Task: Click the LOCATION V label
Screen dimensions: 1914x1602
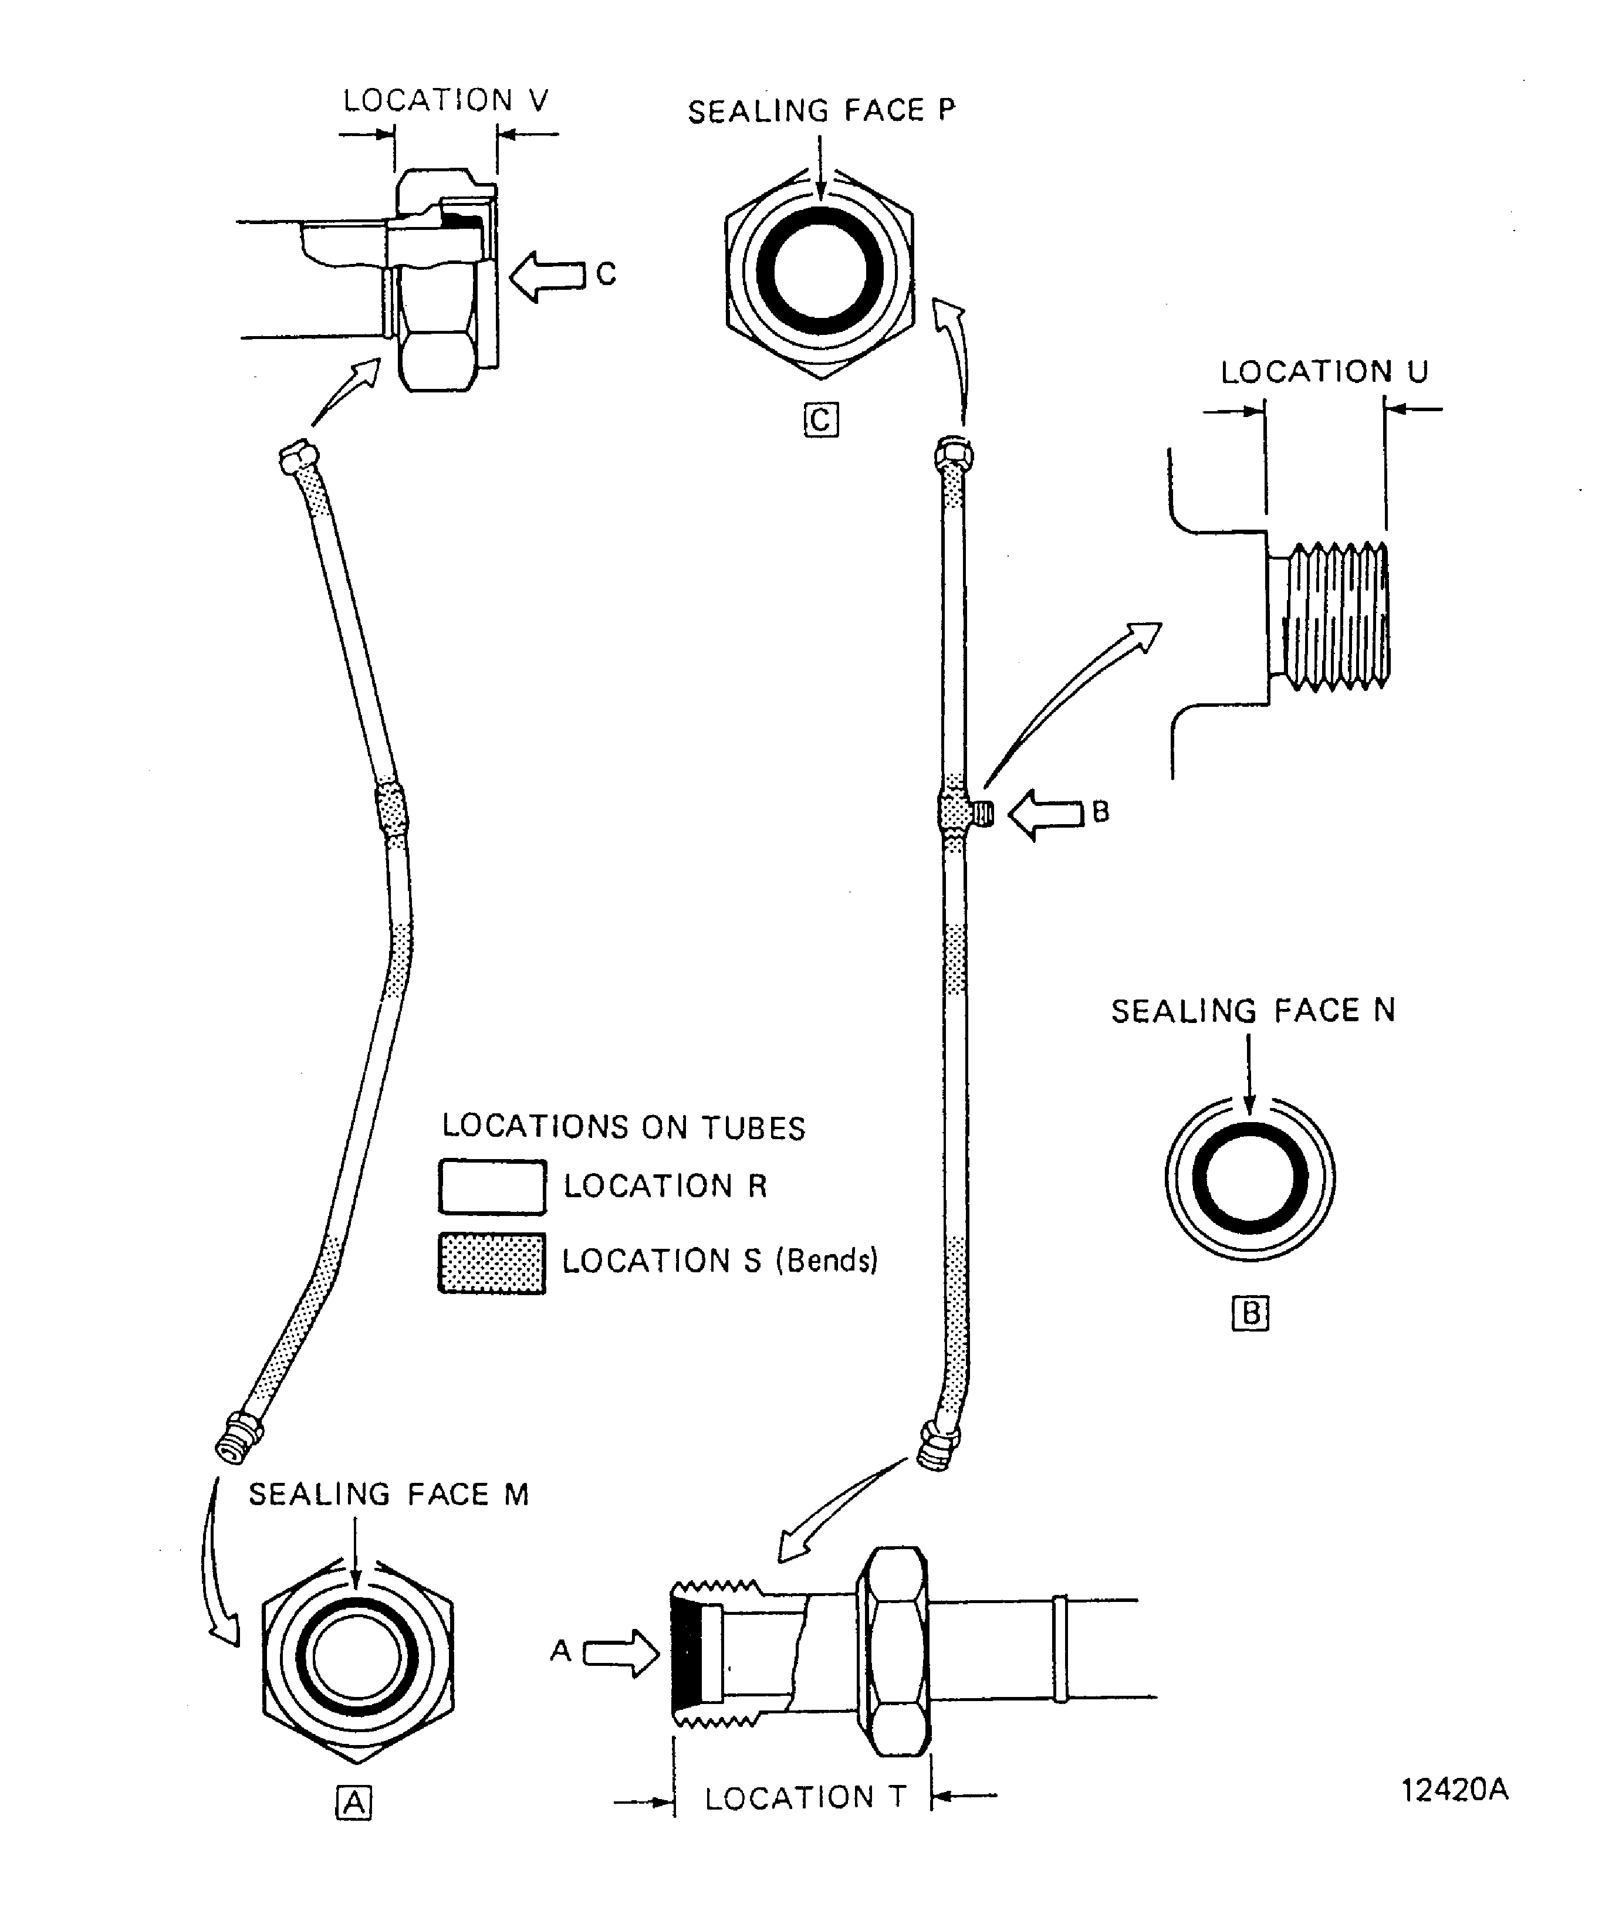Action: (445, 100)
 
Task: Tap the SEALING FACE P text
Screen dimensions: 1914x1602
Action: (820, 111)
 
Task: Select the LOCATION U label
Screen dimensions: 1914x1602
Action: (1324, 372)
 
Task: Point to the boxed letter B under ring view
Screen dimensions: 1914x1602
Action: (1250, 1313)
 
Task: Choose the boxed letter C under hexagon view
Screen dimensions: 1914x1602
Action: (820, 420)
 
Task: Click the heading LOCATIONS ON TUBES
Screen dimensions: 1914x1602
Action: (624, 1127)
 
